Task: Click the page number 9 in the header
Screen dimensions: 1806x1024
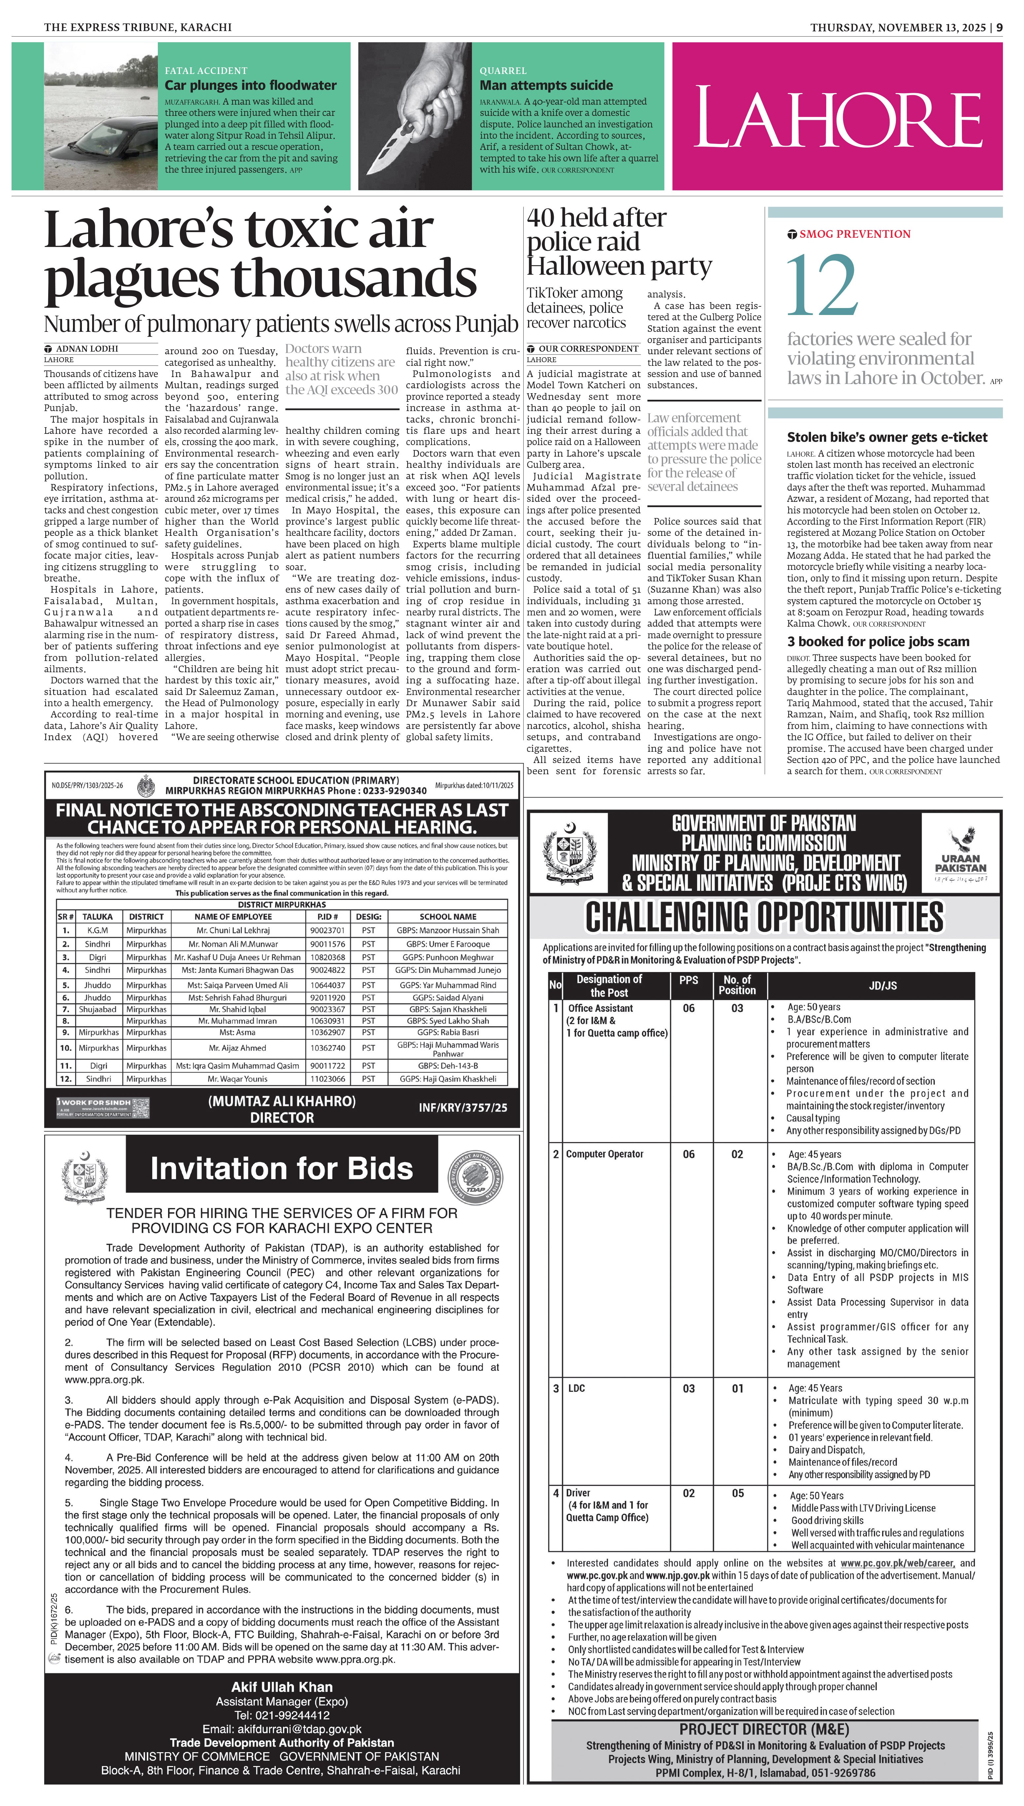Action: point(999,27)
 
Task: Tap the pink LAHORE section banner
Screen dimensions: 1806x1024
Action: point(837,116)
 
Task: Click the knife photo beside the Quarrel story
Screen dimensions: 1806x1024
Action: point(415,116)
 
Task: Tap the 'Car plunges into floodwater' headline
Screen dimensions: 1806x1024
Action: point(250,85)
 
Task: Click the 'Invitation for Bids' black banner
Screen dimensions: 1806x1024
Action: point(281,1168)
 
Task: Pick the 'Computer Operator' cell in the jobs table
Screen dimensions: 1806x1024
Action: point(605,1154)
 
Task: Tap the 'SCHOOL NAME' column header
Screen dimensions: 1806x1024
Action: point(448,917)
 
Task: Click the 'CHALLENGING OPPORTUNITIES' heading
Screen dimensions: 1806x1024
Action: point(764,918)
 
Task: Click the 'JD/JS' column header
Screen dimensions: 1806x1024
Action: point(883,986)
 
